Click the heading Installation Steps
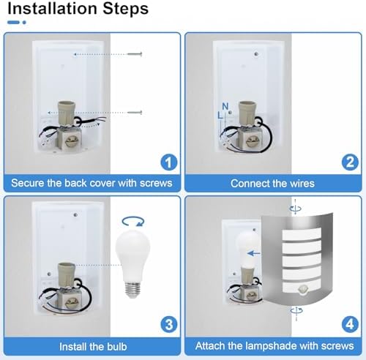pos(75,10)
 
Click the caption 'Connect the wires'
pos(272,184)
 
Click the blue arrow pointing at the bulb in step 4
pos(253,254)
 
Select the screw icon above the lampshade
pos(294,209)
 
